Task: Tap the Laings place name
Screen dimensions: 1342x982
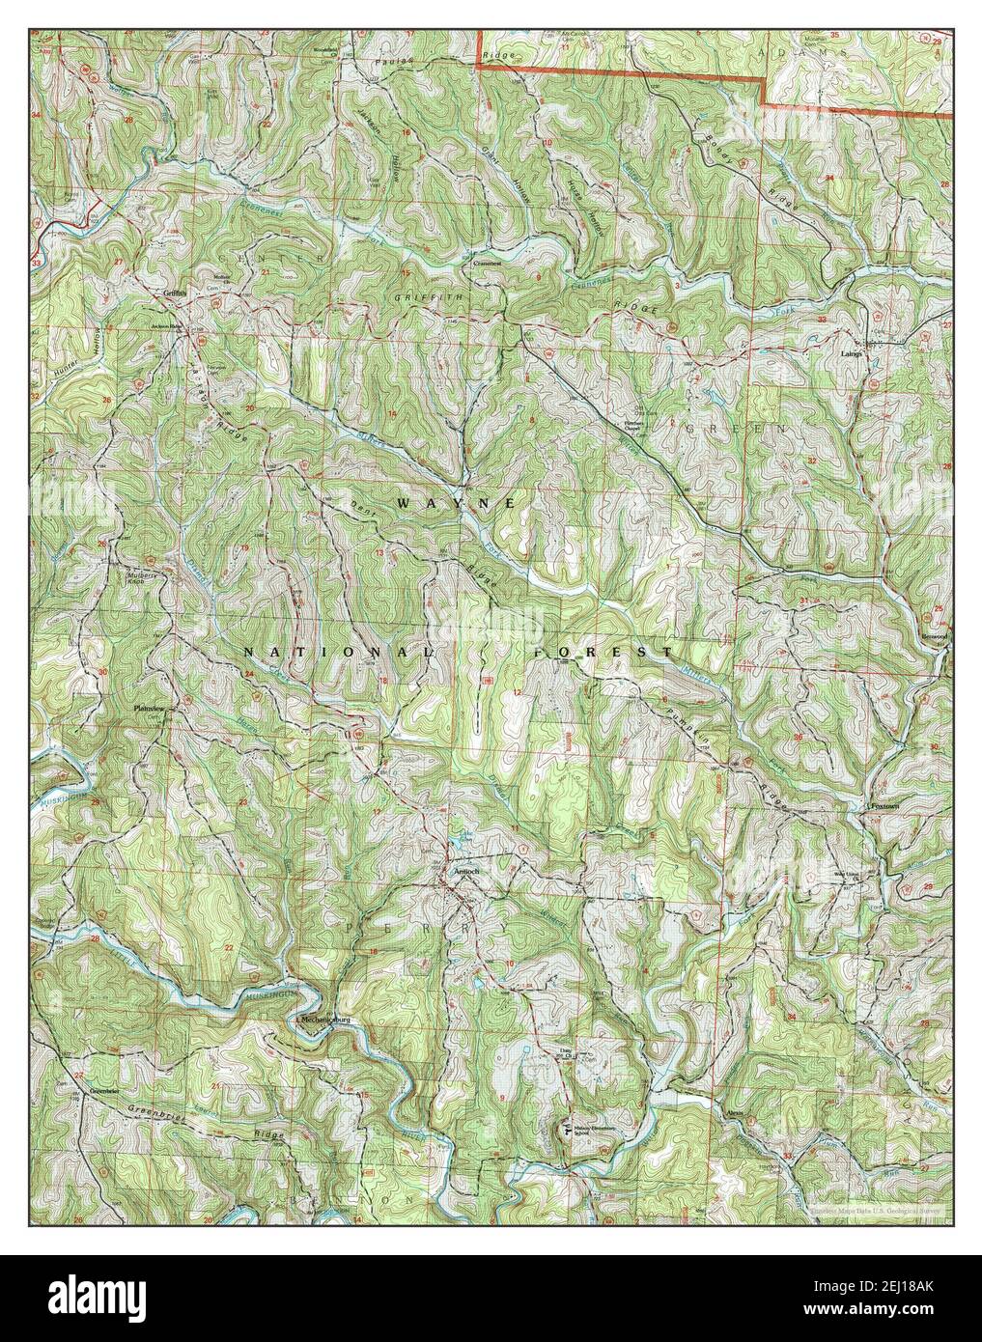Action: point(862,354)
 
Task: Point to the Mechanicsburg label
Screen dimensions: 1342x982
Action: point(323,1020)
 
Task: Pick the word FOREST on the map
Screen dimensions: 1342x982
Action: point(603,654)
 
